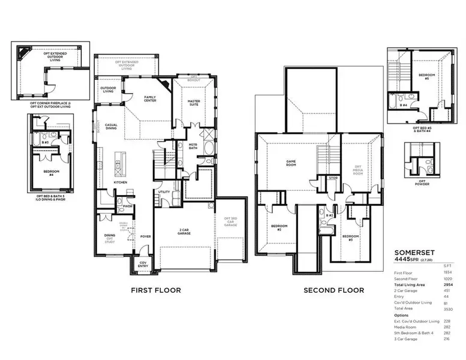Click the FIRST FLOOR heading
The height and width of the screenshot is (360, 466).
156,290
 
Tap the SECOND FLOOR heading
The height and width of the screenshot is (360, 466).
333,290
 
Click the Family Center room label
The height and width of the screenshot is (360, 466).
150,98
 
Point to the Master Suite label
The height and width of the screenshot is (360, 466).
193,103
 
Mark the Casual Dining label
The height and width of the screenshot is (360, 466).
115,127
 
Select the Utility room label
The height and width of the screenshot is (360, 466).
164,192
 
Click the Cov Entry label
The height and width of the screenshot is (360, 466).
143,264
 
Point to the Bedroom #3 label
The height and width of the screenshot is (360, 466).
350,237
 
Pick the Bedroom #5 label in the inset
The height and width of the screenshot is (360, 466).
426,76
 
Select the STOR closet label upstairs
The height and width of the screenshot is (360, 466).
333,178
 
